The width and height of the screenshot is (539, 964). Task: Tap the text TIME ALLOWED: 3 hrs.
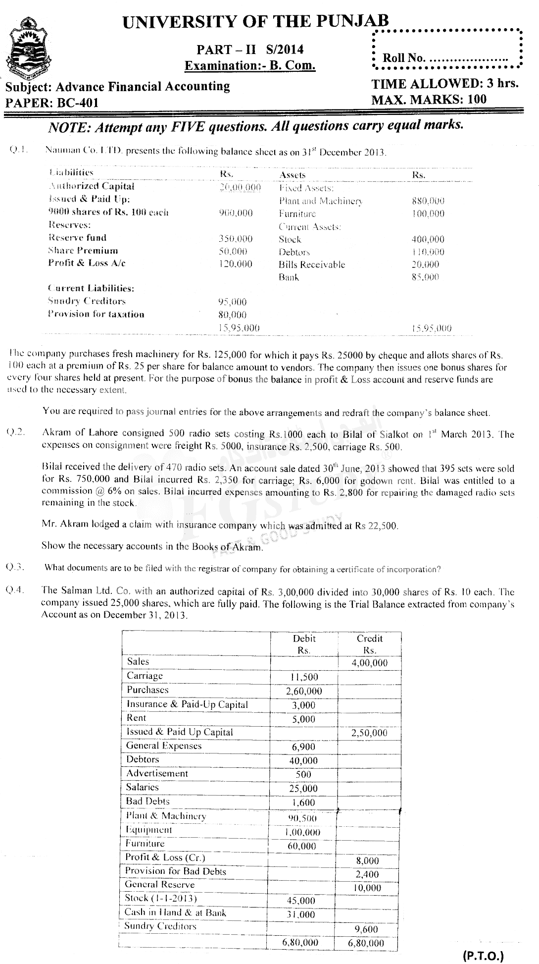point(444,83)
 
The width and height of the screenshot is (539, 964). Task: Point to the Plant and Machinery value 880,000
point(428,201)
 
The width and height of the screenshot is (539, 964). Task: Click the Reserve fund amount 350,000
point(235,238)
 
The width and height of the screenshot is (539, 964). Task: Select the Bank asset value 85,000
point(425,277)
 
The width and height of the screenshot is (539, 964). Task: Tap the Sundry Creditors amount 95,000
point(232,302)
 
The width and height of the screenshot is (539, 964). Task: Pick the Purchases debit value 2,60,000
point(304,691)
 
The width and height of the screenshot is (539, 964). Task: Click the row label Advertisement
point(157,773)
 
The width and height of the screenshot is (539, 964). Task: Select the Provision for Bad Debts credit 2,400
point(367,874)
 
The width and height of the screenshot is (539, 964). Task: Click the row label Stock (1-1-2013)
point(161,898)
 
